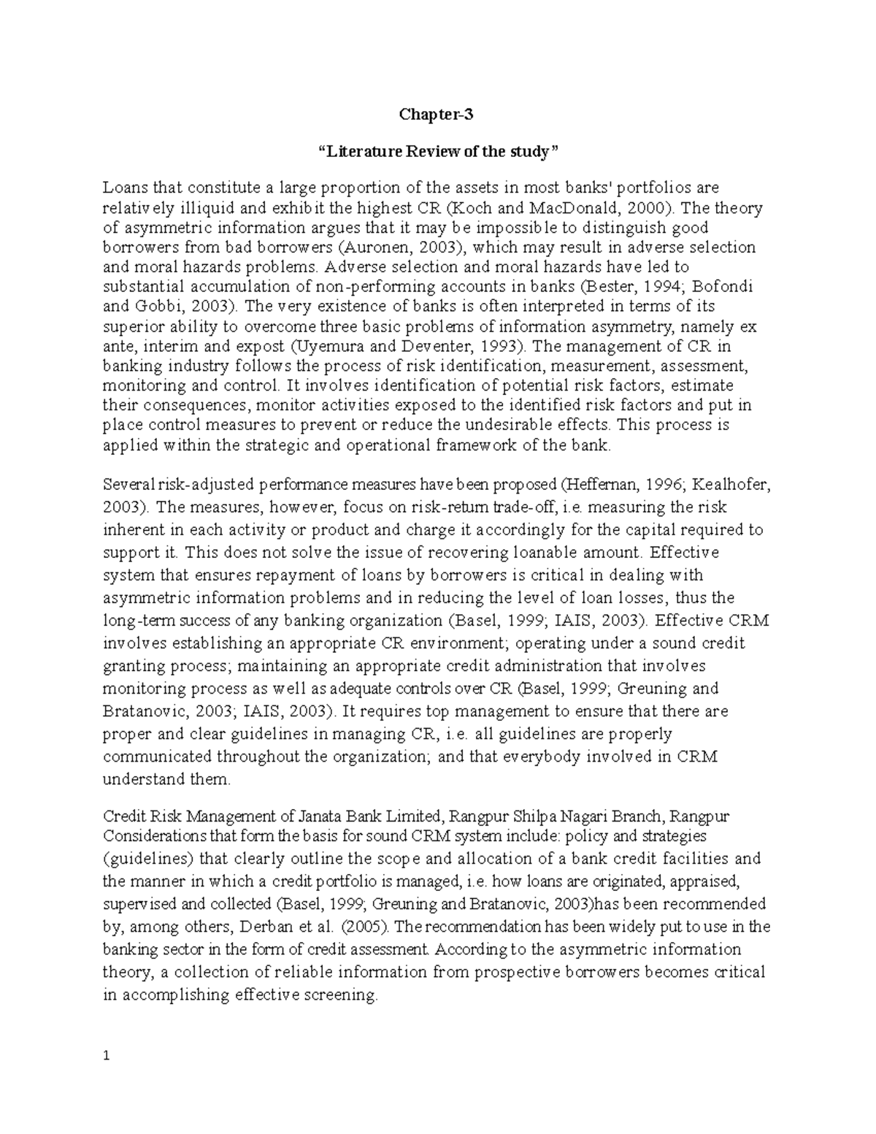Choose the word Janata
click(x=313, y=816)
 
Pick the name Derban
click(x=243, y=927)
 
